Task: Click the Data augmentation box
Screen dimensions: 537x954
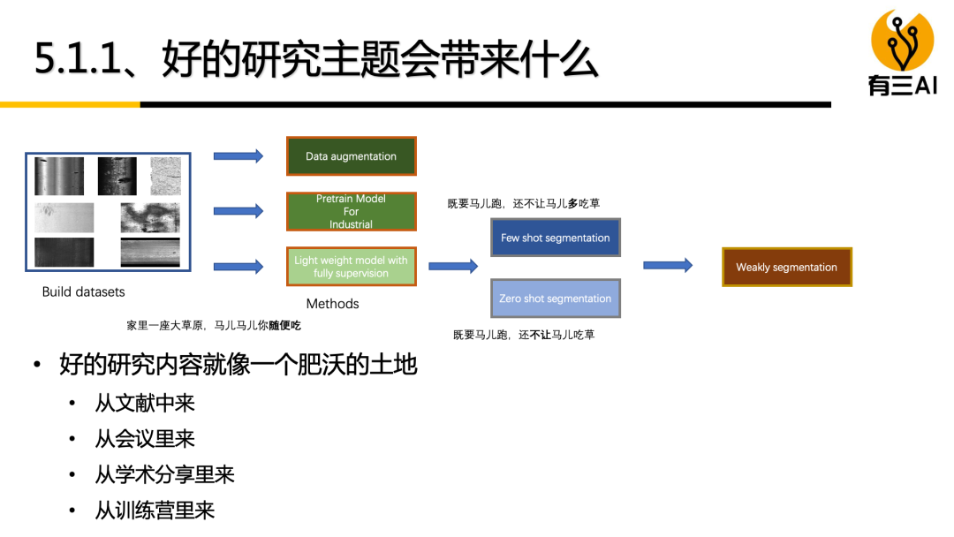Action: point(351,156)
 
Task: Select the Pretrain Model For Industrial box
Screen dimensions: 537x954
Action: point(351,212)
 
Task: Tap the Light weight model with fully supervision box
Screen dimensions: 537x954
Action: point(351,266)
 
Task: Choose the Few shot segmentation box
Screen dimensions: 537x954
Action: point(555,238)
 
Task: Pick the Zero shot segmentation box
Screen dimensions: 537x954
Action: point(555,299)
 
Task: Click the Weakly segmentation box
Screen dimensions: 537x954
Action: point(786,267)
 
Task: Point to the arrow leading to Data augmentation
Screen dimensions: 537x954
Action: point(238,156)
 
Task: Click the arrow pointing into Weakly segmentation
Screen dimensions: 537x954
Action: point(668,265)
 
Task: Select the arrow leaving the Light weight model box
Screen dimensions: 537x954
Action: point(453,266)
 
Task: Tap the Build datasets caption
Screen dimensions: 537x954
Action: point(84,291)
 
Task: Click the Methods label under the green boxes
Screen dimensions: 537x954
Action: point(332,304)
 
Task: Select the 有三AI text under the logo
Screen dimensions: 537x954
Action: point(902,86)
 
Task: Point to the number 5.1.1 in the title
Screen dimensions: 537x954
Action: point(74,61)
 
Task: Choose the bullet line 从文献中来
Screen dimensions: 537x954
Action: point(145,403)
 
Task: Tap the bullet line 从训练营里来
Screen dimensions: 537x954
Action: point(155,511)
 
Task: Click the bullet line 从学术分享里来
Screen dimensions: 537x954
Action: point(164,474)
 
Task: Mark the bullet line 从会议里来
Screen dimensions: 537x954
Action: point(145,439)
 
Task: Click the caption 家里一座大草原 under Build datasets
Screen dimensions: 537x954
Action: point(214,326)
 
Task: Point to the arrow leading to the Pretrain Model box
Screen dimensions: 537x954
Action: point(238,211)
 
